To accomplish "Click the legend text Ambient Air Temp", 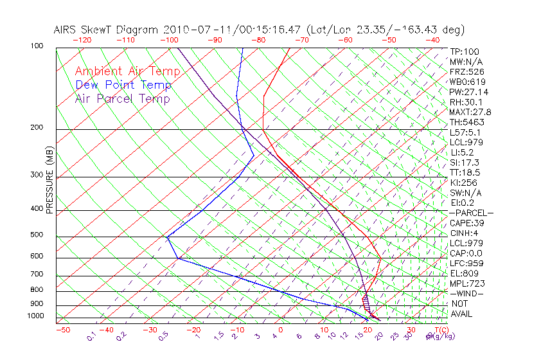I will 127,71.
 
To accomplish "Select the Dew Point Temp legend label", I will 123,85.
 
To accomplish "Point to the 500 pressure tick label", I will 37,235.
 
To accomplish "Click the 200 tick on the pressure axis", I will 37,128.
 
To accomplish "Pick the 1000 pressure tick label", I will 35,316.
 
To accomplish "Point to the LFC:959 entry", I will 466,264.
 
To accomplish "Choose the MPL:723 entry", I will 466,283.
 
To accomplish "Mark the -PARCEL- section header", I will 471,213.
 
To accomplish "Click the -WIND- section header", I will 466,294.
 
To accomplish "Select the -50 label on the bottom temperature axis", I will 62,330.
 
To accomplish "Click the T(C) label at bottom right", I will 439,330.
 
